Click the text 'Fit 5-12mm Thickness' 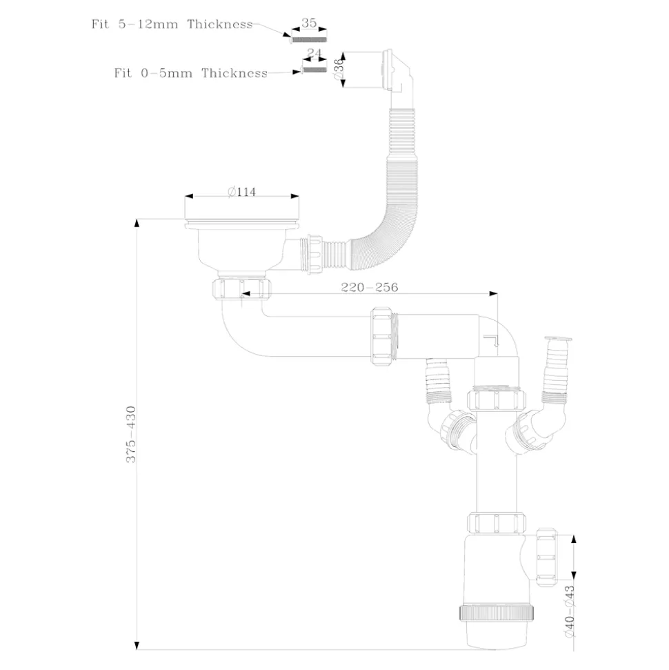(172, 24)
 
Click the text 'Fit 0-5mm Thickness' (190, 73)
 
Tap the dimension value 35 (308, 23)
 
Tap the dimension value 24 (314, 52)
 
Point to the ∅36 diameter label (339, 69)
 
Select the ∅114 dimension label (241, 192)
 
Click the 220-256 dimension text (369, 287)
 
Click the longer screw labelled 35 (308, 39)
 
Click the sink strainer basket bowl (241, 248)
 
